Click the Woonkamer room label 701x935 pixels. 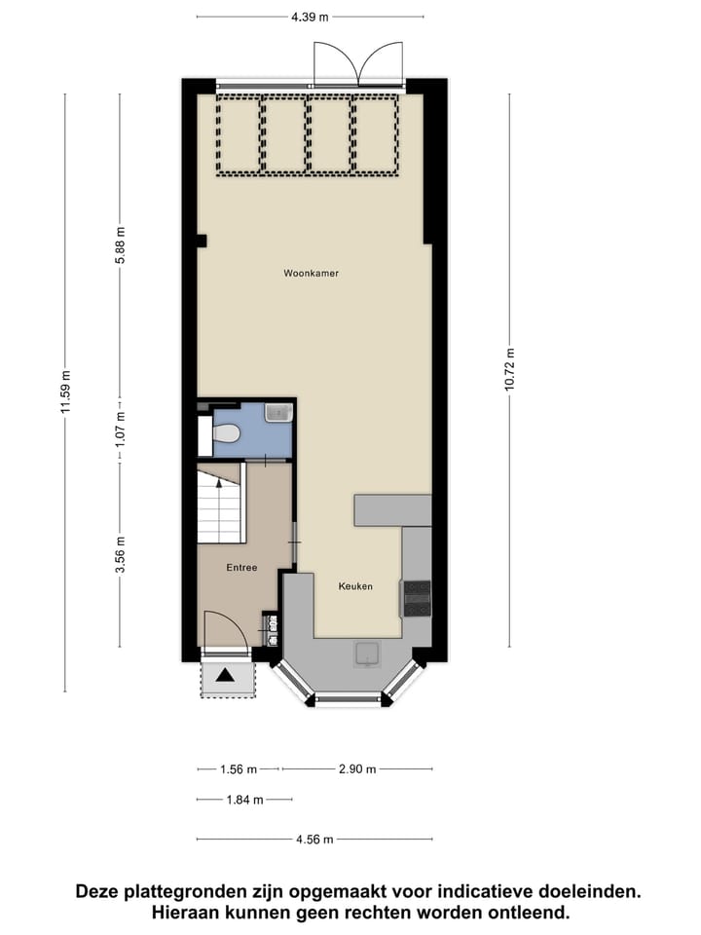[x=310, y=274]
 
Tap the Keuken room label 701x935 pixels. [x=355, y=586]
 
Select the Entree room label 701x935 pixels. [x=242, y=568]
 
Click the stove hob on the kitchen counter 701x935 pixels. [x=417, y=598]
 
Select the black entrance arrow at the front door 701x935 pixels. [x=226, y=675]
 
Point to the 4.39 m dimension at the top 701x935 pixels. [x=310, y=17]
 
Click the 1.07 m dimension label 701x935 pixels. [x=121, y=429]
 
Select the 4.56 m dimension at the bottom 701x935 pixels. [x=314, y=840]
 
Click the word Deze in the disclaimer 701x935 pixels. [x=101, y=891]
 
